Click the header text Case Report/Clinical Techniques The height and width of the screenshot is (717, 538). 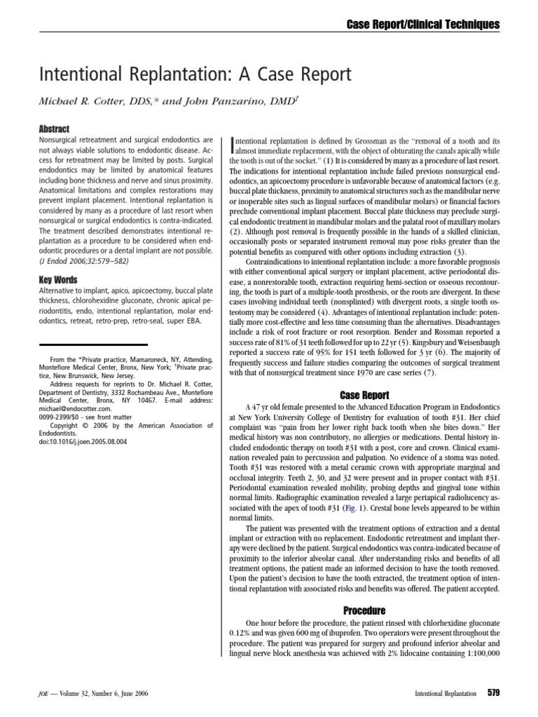tap(424, 25)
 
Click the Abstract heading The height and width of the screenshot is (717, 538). tap(54, 130)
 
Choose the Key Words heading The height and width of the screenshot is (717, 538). tap(57, 280)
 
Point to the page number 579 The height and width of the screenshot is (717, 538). tap(493, 693)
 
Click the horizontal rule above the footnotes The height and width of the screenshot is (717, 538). tap(92, 344)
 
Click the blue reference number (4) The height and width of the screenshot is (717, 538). tap(322, 310)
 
